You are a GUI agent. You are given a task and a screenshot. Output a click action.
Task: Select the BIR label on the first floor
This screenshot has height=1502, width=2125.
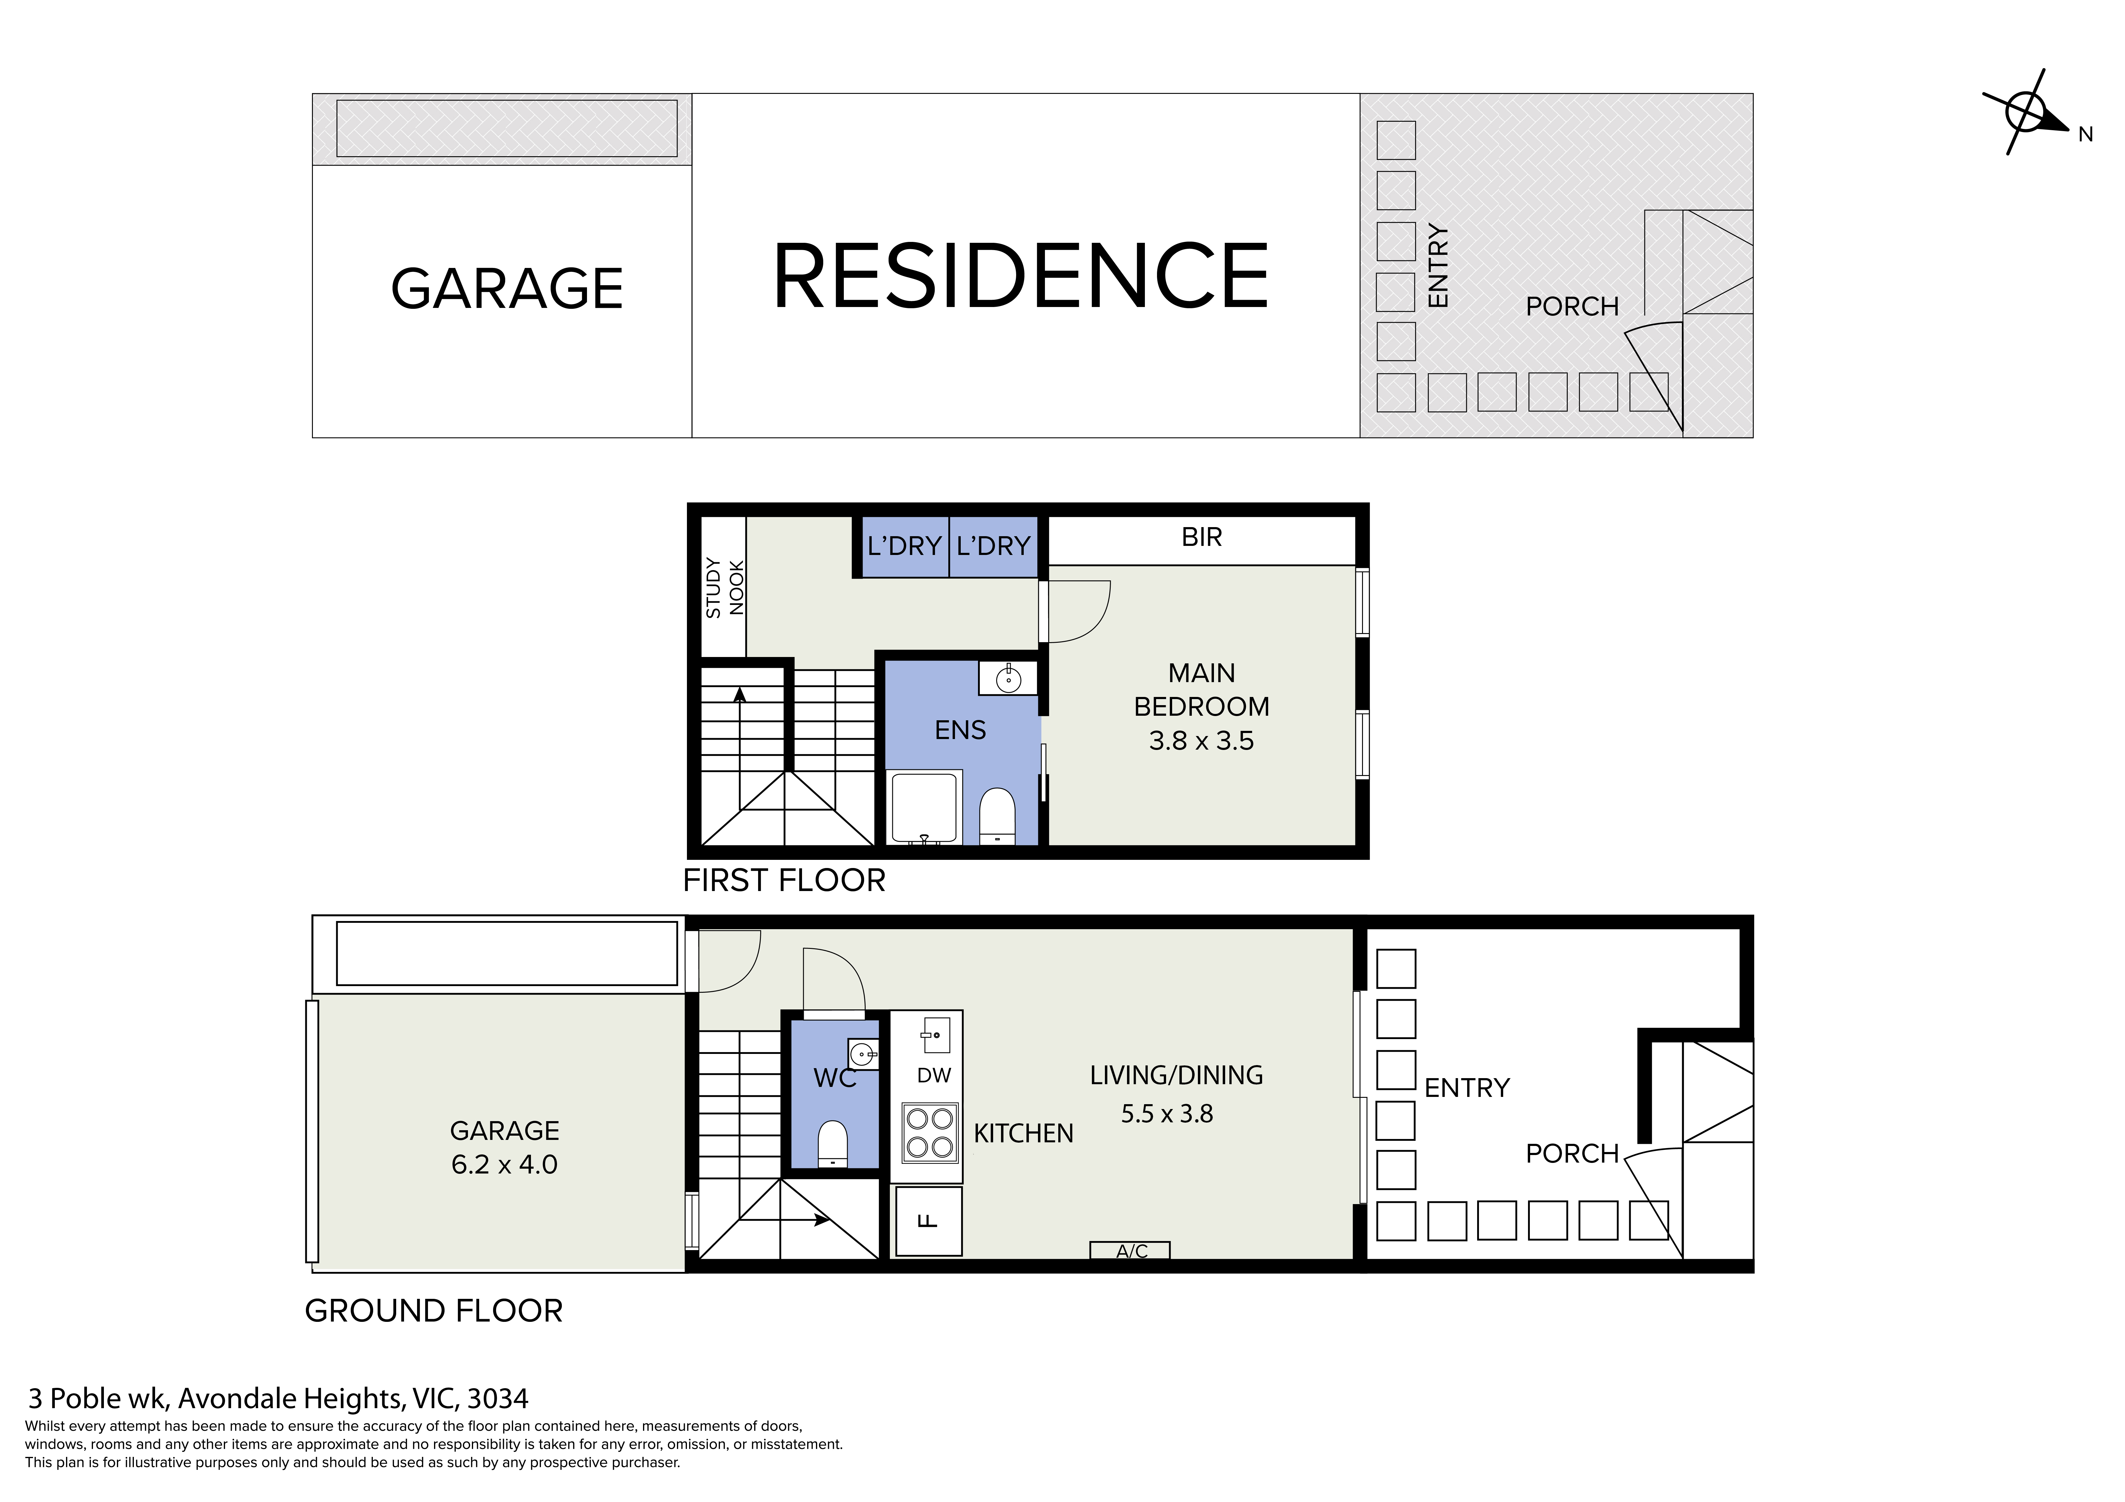1201,537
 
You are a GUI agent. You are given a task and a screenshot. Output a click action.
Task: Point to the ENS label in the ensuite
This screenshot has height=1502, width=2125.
960,730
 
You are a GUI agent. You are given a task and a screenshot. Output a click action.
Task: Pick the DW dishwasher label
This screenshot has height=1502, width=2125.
934,1075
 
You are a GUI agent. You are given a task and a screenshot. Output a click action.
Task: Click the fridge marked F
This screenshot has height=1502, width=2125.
928,1221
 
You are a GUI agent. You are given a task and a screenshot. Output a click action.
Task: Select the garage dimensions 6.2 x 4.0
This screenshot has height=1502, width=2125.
504,1164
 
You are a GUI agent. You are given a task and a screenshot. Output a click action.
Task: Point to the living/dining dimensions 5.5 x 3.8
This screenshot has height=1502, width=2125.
1167,1113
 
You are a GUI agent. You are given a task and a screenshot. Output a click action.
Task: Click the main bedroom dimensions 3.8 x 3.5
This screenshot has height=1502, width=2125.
1201,740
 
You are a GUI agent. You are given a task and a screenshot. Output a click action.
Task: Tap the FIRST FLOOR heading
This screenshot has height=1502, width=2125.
784,880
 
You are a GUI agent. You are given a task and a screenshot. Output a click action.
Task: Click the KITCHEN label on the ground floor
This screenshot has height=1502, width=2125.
1024,1134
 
